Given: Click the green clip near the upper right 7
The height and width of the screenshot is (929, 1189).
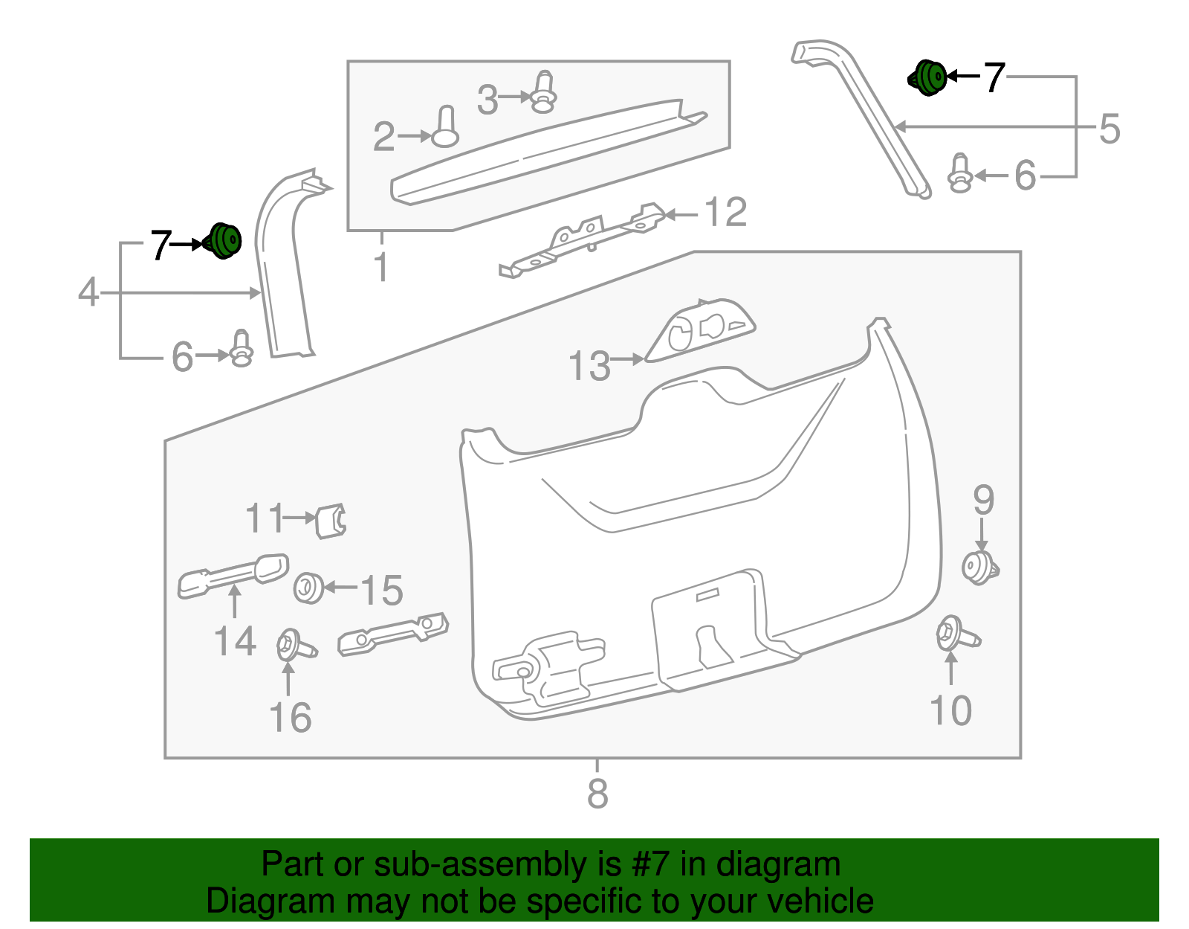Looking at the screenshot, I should pos(928,77).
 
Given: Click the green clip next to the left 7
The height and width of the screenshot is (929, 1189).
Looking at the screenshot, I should pos(223,241).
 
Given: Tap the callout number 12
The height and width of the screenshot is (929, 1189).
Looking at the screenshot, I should pos(725,213).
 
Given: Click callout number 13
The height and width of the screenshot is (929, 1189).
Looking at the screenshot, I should pos(589,366).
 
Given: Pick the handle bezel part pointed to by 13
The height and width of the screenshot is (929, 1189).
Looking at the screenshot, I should pos(700,330).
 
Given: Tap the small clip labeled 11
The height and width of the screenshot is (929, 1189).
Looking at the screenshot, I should pos(331,520).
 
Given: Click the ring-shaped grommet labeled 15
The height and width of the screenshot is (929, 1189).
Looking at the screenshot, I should pos(308,588).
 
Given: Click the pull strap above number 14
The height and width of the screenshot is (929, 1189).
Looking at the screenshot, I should pos(232,574).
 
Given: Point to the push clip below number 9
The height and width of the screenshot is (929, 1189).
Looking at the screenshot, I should pos(979,568).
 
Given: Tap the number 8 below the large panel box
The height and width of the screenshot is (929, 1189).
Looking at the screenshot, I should pos(597,794).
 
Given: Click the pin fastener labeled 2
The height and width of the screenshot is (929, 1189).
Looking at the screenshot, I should pos(445,127).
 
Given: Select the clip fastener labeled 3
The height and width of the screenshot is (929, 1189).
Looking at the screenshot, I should pos(544,92).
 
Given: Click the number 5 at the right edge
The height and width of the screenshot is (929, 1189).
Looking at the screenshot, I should pos(1109,129).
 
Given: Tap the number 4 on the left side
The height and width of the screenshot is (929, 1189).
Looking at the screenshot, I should pos(88,292).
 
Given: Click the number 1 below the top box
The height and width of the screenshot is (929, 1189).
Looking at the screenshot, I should pos(381,268).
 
